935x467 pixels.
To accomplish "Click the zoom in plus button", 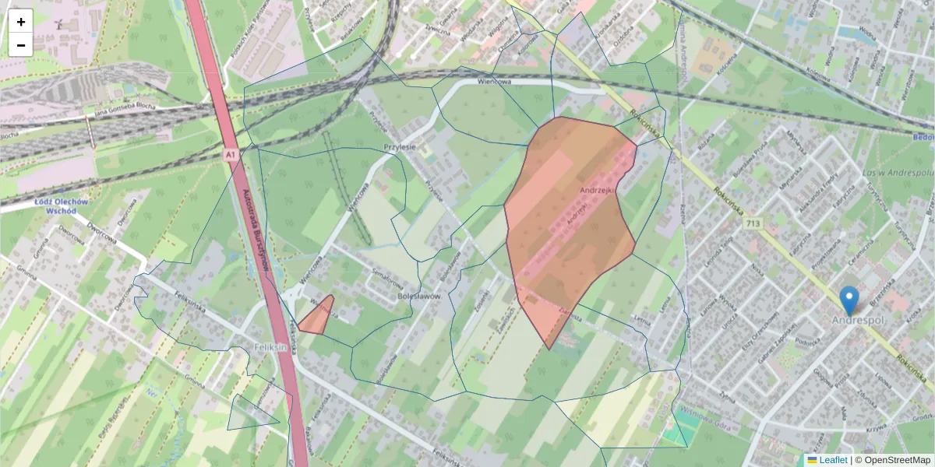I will click(21, 21).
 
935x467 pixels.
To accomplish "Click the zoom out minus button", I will click(21, 45).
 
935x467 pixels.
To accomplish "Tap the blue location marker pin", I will click(849, 300).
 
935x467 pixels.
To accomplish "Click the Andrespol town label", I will click(859, 321).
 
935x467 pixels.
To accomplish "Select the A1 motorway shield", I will click(231, 156).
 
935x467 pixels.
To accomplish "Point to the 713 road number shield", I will click(752, 224).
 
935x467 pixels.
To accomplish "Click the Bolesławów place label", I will click(419, 297).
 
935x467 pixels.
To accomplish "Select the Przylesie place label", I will click(400, 146).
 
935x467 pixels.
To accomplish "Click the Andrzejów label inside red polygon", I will click(598, 189).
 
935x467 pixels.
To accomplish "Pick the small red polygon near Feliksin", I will click(318, 317).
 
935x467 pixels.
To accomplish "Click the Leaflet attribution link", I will click(831, 460).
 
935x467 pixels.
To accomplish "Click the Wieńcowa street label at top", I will click(494, 82).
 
